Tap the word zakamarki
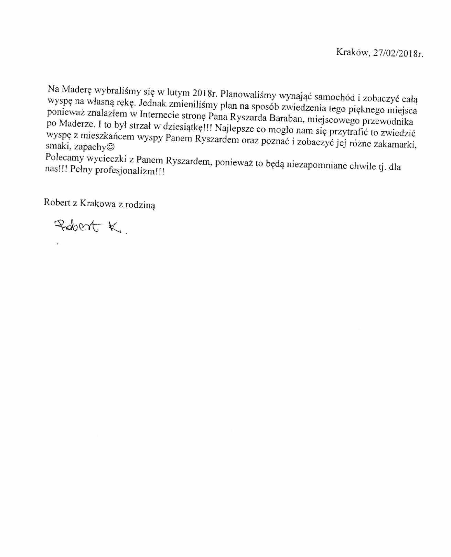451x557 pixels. (394, 144)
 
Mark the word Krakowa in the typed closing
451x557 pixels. (98, 203)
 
